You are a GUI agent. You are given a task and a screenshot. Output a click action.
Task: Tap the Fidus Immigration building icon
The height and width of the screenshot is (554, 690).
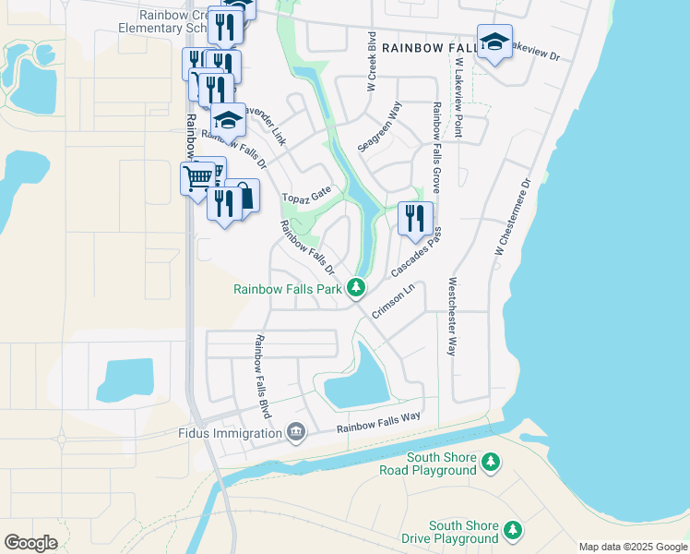(296, 433)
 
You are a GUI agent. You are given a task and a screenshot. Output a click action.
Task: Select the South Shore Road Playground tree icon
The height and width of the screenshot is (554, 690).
(491, 461)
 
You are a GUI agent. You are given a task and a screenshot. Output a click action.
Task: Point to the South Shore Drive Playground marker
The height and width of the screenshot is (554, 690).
(512, 531)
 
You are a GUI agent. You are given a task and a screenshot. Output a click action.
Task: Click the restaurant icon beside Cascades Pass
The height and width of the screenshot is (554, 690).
(415, 219)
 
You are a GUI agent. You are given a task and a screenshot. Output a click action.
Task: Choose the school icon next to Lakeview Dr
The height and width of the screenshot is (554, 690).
(494, 42)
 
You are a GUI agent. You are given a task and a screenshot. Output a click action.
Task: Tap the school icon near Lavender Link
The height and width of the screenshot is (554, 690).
(228, 120)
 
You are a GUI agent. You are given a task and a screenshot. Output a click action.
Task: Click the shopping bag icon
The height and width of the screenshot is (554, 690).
(243, 195)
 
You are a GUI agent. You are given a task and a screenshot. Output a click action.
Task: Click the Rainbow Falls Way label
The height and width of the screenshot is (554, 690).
(378, 423)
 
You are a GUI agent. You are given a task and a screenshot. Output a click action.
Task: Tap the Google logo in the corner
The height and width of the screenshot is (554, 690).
(30, 543)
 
